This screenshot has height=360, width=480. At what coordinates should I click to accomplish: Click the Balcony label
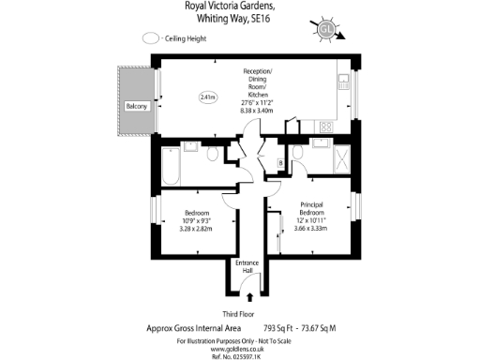tap(137, 107)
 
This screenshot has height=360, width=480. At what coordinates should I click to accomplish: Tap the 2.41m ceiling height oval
tap(207, 96)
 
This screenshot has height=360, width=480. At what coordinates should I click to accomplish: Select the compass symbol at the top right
tap(326, 30)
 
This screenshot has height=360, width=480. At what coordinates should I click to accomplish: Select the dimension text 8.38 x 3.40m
tap(258, 111)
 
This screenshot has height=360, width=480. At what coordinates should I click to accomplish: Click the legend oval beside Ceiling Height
tap(150, 39)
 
